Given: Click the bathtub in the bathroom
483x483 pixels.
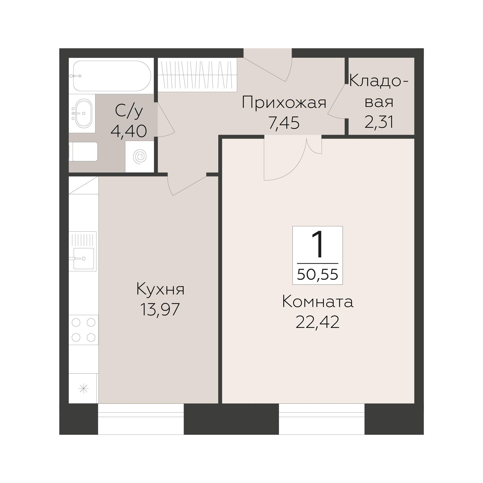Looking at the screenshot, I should click(112, 76).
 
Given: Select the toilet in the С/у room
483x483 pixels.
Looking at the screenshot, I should click(84, 151).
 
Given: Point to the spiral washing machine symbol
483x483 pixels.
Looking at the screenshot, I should click(140, 157).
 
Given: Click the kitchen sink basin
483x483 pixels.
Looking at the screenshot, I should click(83, 258).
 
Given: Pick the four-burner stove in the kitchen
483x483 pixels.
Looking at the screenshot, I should click(83, 330).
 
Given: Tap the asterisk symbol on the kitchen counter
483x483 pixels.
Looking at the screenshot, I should click(83, 388).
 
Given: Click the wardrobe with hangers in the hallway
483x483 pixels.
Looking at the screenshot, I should click(197, 74).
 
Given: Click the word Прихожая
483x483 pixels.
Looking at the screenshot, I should click(284, 103).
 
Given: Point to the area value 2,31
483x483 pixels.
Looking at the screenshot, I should click(379, 122).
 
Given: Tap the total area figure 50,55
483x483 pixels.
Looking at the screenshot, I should click(317, 275).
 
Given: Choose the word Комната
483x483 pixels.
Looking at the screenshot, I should click(317, 301).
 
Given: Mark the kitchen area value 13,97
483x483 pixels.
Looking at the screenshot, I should click(160, 310).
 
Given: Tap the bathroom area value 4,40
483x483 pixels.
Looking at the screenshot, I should click(128, 131).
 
